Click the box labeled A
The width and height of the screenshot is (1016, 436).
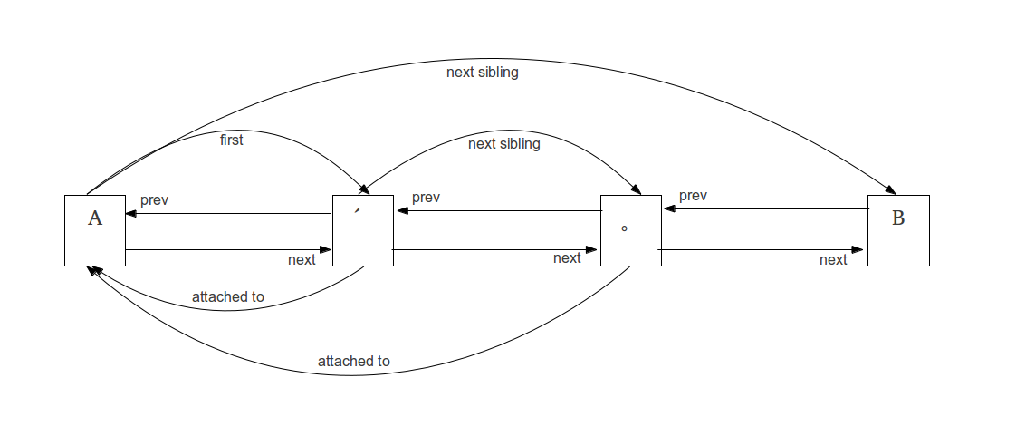(95, 230)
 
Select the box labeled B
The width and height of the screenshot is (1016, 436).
(898, 230)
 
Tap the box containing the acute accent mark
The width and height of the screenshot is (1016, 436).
(362, 230)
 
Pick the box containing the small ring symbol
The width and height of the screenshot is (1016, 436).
(630, 230)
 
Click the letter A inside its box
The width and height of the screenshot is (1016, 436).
(94, 218)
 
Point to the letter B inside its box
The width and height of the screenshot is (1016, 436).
(898, 218)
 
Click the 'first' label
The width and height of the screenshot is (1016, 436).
(232, 140)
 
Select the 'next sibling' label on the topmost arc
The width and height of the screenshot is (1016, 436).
(483, 73)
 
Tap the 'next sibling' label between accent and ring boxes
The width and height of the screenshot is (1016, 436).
(503, 144)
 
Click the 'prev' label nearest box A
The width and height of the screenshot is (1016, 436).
(155, 199)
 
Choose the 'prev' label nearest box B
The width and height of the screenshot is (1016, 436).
(693, 196)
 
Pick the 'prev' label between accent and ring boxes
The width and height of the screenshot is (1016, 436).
(426, 198)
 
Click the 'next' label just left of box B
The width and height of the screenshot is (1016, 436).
(833, 260)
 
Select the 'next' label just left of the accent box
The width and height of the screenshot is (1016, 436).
(302, 260)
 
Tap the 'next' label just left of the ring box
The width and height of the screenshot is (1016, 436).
(567, 258)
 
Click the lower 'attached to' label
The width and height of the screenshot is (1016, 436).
(353, 362)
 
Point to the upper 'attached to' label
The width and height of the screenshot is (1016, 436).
(228, 297)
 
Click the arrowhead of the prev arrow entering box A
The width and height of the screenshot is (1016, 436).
(131, 214)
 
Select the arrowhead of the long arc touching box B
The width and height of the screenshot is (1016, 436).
(890, 190)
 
